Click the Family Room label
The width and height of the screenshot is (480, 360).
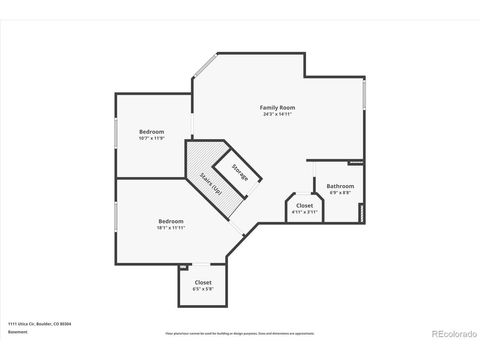(276, 107)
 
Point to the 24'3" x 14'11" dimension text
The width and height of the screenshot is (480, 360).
(276, 114)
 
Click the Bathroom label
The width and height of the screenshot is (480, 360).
(340, 185)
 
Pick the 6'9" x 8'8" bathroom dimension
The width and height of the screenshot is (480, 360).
(340, 192)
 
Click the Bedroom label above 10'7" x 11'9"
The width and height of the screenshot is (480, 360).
(152, 132)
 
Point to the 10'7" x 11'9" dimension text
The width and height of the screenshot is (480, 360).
(152, 139)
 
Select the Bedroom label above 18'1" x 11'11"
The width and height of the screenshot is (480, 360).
(170, 220)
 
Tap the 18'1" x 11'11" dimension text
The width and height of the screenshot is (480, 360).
(170, 227)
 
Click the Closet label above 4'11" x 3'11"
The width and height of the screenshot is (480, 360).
(304, 205)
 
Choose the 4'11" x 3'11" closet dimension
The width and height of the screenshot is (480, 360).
(304, 212)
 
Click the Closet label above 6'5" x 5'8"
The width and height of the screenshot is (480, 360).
(203, 282)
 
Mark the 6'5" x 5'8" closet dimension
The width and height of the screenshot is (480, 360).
(203, 289)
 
